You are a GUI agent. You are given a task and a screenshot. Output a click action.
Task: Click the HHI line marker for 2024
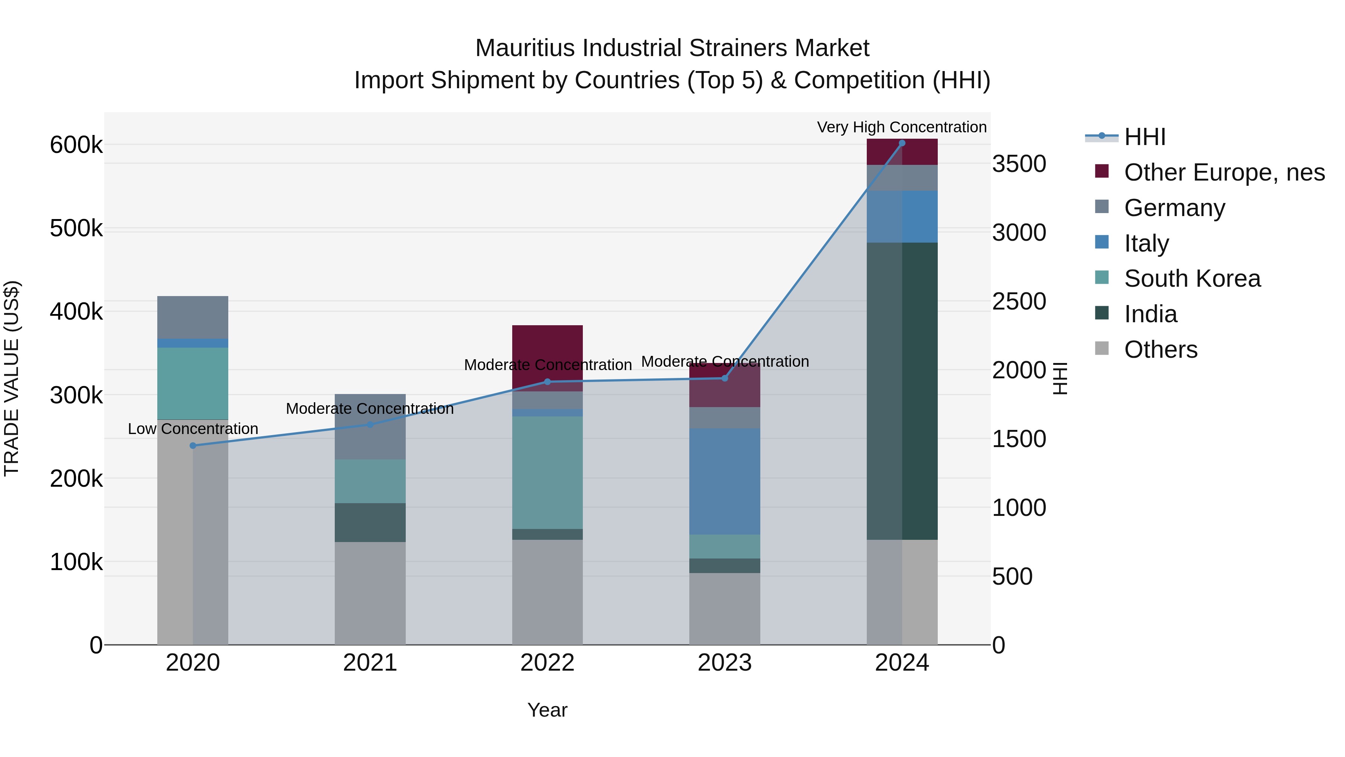(902, 143)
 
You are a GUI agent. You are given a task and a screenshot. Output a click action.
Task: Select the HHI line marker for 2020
(193, 446)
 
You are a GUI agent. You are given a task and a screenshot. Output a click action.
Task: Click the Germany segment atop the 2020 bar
(193, 317)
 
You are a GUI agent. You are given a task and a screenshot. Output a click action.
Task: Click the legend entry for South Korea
(1192, 279)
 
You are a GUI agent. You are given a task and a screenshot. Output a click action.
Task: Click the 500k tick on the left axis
(76, 228)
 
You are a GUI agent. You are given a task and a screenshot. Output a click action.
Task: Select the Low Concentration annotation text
(193, 429)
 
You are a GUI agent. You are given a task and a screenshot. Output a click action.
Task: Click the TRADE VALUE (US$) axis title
(12, 378)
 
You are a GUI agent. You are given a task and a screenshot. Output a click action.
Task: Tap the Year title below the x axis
(547, 710)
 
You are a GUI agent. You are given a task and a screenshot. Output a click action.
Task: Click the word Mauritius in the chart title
(525, 48)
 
